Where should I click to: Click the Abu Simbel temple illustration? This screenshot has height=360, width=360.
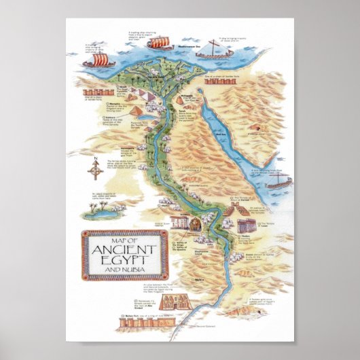pos(161,304)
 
